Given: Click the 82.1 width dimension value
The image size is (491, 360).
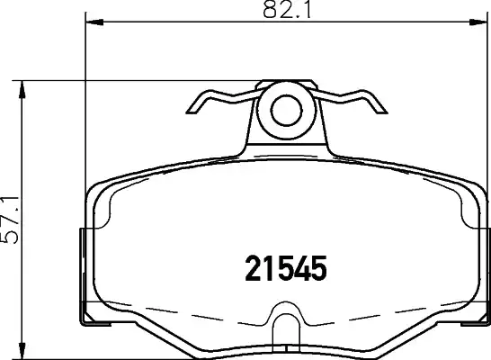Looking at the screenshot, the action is (287, 9).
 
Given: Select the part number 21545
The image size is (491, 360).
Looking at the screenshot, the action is (286, 268).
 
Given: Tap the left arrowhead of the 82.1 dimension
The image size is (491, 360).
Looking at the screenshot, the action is (94, 22).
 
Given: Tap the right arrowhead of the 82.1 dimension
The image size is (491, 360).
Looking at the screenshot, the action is (478, 22).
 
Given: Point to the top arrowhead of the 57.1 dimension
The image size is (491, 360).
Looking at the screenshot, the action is (22, 90).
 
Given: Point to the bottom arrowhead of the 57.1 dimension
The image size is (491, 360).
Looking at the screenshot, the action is (22, 350).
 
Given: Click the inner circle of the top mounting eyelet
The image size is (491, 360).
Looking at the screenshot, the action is (286, 111).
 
